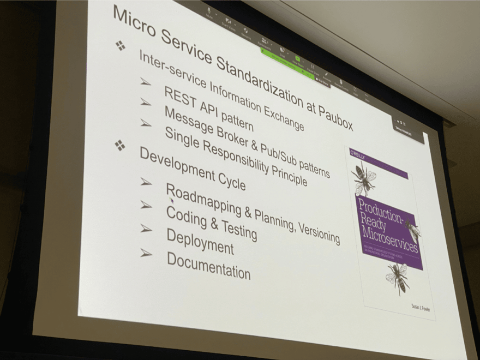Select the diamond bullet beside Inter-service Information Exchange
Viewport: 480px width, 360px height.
[x=121, y=46]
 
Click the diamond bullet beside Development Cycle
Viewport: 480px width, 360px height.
[x=119, y=145]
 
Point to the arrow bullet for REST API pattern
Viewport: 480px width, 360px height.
[x=145, y=82]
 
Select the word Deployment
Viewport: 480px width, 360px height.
[x=200, y=241]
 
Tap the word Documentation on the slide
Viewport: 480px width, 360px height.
[x=208, y=266]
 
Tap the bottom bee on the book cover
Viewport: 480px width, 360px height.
[x=399, y=277]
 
